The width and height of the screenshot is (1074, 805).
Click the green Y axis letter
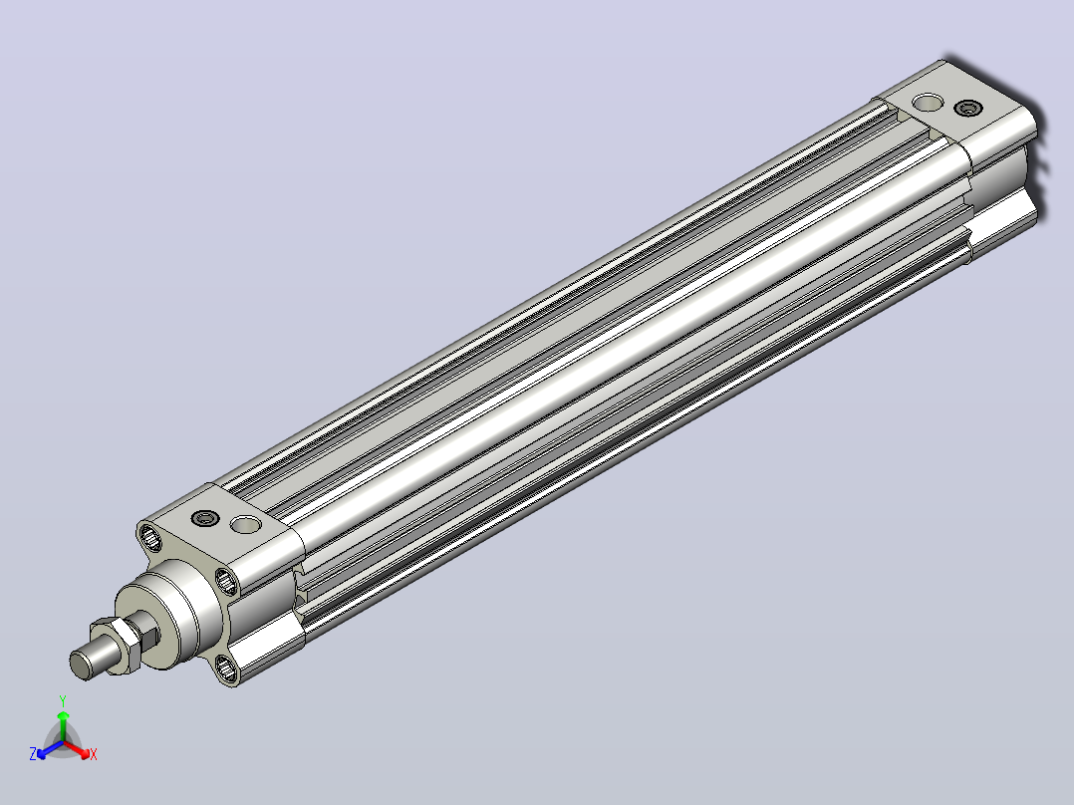coord(63,700)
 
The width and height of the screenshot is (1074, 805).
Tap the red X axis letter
coord(94,754)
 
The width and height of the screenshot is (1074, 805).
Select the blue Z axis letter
coord(33,754)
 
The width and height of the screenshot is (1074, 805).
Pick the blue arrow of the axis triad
coord(49,750)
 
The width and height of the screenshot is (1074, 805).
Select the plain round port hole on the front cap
coord(245,525)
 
